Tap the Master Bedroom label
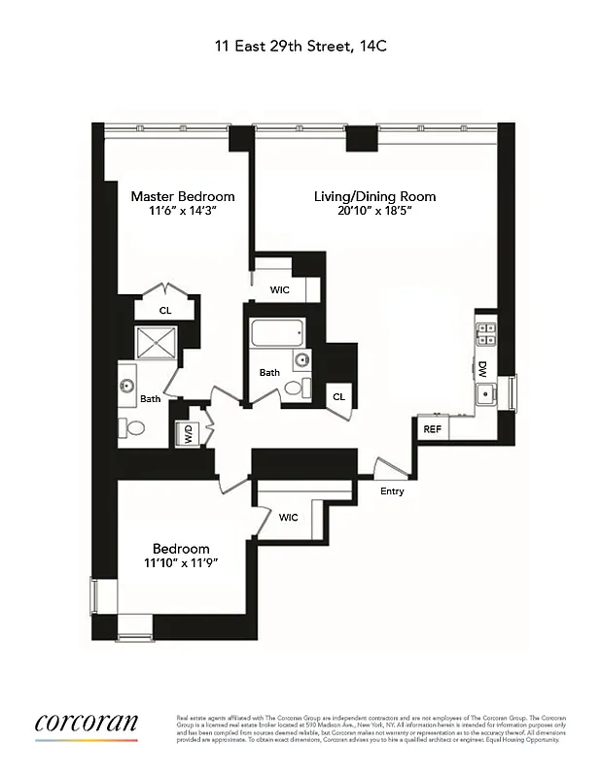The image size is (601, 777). click(x=183, y=196)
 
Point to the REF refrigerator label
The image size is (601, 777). click(x=432, y=428)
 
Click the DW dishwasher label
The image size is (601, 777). click(x=481, y=368)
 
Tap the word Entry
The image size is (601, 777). click(x=392, y=491)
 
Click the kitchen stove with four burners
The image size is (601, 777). click(x=484, y=335)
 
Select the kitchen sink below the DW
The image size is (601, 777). click(x=483, y=394)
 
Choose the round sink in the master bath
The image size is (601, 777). click(x=128, y=386)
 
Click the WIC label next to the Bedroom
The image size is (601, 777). click(x=288, y=518)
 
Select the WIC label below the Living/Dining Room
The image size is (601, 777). click(x=280, y=289)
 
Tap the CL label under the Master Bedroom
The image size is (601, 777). click(x=165, y=311)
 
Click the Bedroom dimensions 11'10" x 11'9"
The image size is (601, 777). click(x=180, y=563)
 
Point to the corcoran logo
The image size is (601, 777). click(x=87, y=724)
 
